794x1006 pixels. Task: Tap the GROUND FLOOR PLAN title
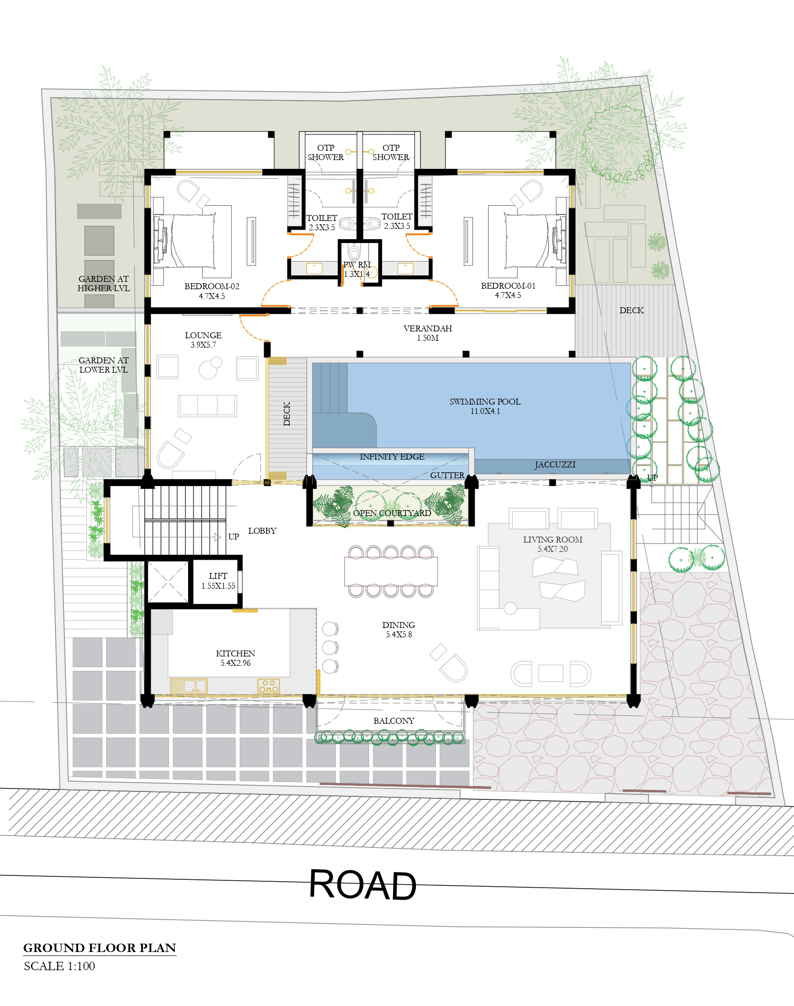click(x=100, y=948)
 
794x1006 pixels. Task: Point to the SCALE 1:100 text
click(x=59, y=966)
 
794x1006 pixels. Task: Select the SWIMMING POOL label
click(x=485, y=402)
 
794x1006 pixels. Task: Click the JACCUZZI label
click(x=555, y=464)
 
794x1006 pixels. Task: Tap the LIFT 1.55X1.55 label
click(x=218, y=581)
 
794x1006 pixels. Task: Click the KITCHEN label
click(x=235, y=653)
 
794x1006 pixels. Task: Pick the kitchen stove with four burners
click(x=269, y=686)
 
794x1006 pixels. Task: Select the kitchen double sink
click(x=189, y=686)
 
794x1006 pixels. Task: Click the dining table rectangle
click(x=391, y=571)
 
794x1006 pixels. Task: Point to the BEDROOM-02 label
click(x=212, y=286)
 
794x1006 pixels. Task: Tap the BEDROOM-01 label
click(x=508, y=286)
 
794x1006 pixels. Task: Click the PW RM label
click(x=357, y=265)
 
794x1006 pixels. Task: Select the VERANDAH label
click(x=428, y=328)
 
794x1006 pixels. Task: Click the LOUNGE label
click(x=203, y=335)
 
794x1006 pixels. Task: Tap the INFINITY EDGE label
click(x=392, y=457)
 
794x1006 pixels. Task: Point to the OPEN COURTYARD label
click(x=392, y=513)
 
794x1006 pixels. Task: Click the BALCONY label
click(x=394, y=721)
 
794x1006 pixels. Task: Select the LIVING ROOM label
click(x=552, y=540)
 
